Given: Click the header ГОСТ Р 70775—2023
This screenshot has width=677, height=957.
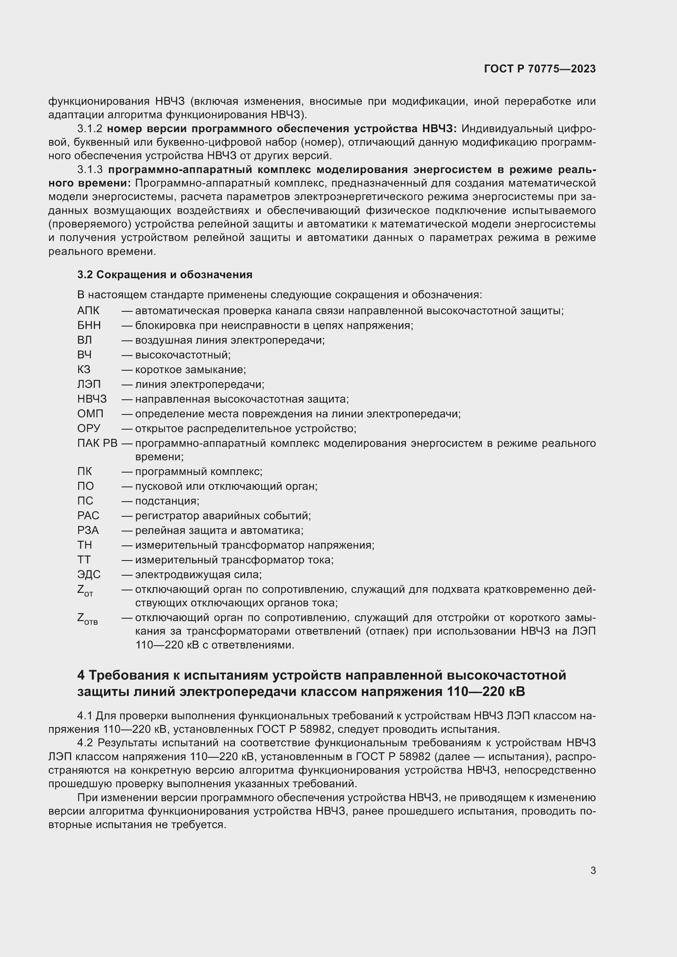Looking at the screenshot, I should (540, 69).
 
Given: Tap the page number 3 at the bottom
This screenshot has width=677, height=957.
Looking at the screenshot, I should (593, 870).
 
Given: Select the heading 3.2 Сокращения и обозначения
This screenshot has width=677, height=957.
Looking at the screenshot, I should (165, 275).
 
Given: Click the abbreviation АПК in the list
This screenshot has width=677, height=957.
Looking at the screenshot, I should (88, 311).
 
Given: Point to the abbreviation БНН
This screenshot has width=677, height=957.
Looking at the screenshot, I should (89, 326).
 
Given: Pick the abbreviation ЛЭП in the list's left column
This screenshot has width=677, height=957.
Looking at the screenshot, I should (89, 384).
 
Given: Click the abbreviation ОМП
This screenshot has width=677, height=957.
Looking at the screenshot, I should (90, 414).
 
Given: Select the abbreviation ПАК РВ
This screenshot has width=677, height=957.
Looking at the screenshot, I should (97, 443).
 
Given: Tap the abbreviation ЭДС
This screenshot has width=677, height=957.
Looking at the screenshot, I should (89, 575).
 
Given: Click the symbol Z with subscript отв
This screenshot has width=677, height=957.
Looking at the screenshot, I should (87, 619).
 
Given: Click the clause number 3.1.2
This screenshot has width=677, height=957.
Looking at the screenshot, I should (90, 129).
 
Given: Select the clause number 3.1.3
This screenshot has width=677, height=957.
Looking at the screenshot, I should (90, 170).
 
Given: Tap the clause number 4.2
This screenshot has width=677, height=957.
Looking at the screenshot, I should (85, 743).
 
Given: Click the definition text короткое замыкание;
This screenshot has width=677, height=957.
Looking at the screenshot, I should (190, 370).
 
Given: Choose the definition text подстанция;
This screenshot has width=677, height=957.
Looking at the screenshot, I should (167, 501).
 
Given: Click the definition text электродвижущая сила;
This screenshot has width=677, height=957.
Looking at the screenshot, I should (199, 575).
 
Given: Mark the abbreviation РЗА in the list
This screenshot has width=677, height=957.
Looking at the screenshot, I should (88, 531).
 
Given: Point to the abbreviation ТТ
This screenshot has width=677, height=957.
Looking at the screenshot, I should (84, 560).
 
